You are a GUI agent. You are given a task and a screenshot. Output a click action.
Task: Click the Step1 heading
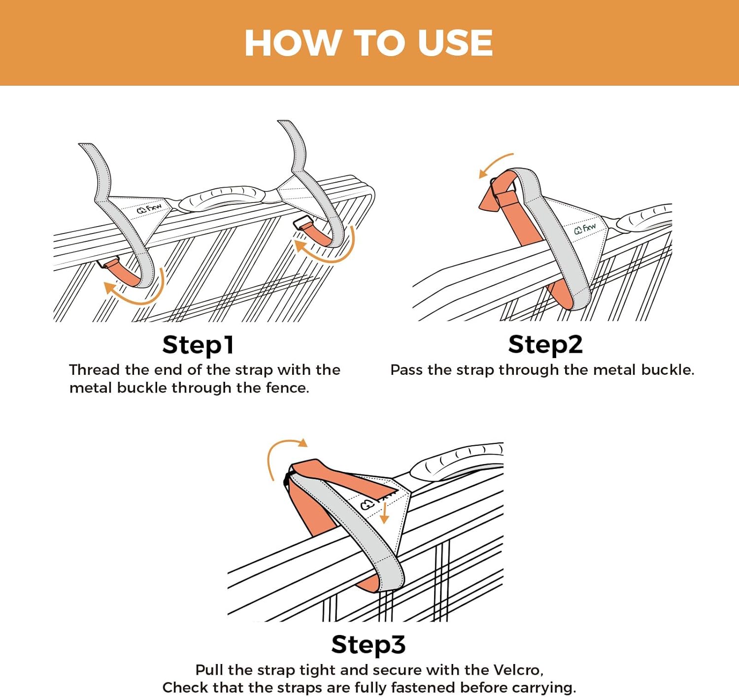[x=198, y=345]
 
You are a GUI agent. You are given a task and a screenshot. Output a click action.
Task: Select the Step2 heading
[x=545, y=344]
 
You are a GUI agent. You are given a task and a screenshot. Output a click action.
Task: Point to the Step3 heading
[x=369, y=644]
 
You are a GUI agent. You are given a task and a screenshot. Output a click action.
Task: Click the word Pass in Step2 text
[x=406, y=370]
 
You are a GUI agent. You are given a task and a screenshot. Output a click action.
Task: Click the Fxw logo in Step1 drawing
[x=149, y=209]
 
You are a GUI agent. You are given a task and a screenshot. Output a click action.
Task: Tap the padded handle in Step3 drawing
[x=456, y=461]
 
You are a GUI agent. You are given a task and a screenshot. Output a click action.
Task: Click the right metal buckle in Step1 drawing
[x=301, y=224]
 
